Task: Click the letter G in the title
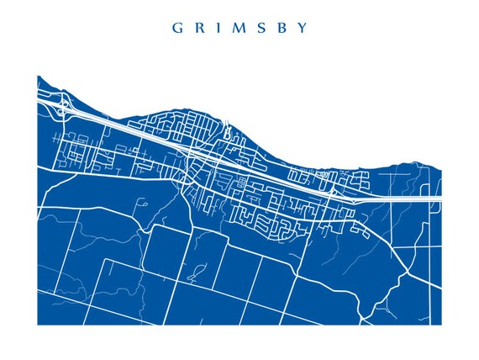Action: coord(177,27)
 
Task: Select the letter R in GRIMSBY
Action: coord(198,27)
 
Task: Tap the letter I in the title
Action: coord(217,27)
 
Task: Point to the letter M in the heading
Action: coord(236,27)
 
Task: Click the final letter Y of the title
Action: coord(302,27)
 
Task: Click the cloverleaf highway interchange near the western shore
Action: coord(63,107)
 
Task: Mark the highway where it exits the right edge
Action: coord(440,199)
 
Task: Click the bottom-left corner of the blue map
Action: coord(38,324)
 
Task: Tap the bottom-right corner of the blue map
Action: coord(440,324)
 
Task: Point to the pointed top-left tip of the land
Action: coord(39,77)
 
